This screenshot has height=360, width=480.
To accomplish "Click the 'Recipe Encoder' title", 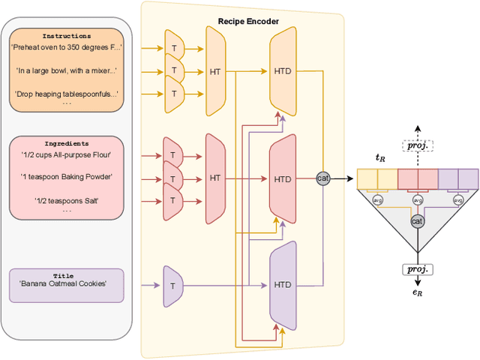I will point(248,22).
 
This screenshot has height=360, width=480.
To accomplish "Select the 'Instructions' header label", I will point(67,35).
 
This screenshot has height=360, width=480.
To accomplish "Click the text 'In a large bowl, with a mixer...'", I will point(67,71).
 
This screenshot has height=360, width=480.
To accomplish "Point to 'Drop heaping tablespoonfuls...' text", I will point(67,94).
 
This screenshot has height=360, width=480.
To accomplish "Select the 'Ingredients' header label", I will point(66,142).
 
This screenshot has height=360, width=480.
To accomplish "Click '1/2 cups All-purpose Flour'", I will point(66,155).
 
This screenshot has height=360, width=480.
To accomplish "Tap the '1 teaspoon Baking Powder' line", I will point(66,177).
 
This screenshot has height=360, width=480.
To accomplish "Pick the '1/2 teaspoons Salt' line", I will point(66,199).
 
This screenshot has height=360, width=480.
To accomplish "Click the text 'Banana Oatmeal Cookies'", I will point(64,283).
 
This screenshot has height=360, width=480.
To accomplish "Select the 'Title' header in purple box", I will point(64,275).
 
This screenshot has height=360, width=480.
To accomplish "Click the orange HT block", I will point(215,71).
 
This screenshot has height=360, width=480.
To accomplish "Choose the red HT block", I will point(215,178).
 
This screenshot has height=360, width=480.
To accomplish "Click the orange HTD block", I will point(283,71).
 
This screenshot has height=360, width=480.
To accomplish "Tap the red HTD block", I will point(283,179).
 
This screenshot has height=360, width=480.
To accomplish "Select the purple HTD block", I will point(283,285).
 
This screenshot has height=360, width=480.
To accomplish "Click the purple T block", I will point(173,286).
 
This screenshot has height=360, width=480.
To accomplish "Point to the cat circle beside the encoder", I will point(323,178).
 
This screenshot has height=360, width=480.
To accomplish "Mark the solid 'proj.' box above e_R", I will point(418,268).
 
